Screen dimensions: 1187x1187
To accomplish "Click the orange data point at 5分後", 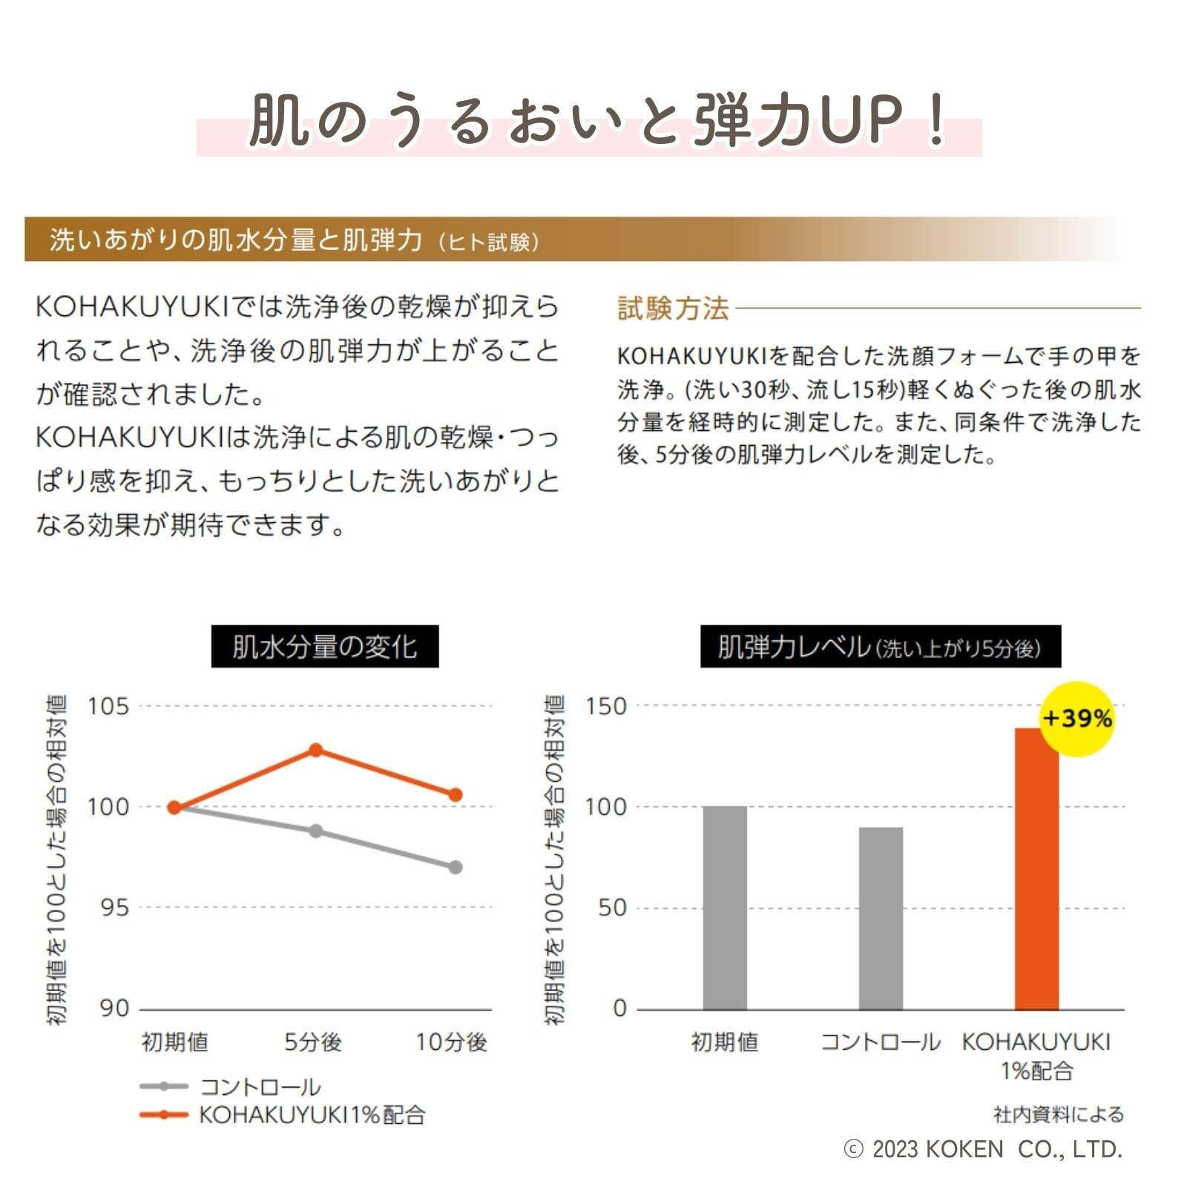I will tap(315, 750).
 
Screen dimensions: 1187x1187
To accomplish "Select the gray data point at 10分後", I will tap(456, 867).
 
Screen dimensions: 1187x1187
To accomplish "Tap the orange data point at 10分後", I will tap(456, 795).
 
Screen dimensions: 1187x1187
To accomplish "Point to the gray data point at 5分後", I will tap(316, 831).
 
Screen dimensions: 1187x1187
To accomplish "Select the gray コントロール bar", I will tap(881, 918).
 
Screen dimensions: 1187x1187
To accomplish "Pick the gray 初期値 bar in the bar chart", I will tap(725, 907).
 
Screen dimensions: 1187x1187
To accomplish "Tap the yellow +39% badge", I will tap(1077, 718).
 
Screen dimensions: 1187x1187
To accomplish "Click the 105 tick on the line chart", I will tap(108, 706).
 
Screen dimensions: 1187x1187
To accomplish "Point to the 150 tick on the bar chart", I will tap(606, 706).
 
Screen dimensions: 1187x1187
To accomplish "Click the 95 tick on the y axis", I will tap(115, 908).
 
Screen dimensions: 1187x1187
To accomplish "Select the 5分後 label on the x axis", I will tap(313, 1042).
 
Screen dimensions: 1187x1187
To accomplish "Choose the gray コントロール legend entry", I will tap(230, 1087).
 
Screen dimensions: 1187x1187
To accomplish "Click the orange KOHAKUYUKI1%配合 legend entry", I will tap(282, 1114).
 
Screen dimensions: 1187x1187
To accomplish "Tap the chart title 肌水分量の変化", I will tap(325, 647).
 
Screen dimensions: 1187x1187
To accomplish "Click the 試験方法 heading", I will tap(674, 308).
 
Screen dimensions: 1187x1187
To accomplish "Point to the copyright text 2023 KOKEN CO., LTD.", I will tap(984, 1149).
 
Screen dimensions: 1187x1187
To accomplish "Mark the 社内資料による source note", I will tap(1058, 1114).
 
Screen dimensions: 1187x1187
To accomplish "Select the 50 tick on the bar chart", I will tap(612, 908).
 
